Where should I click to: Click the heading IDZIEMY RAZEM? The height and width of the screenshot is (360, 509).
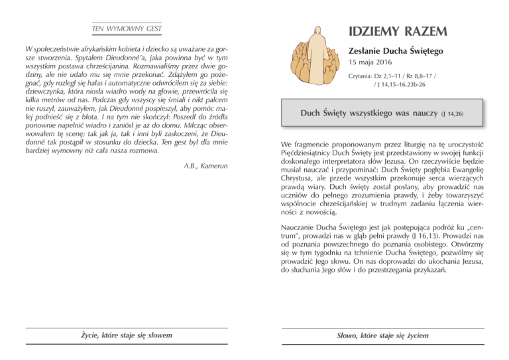[x=396, y=30]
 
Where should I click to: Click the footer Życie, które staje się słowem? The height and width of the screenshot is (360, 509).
[x=126, y=336]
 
